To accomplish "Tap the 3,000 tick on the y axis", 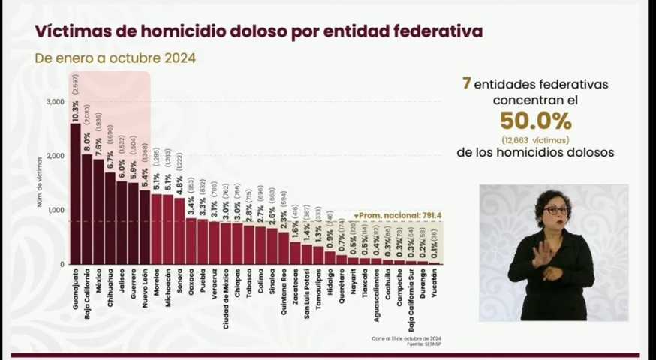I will point(54,101).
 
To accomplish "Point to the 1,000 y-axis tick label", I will point(54,210).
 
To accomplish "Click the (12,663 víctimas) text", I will point(535,139).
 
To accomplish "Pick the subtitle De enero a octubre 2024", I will point(115,58).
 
